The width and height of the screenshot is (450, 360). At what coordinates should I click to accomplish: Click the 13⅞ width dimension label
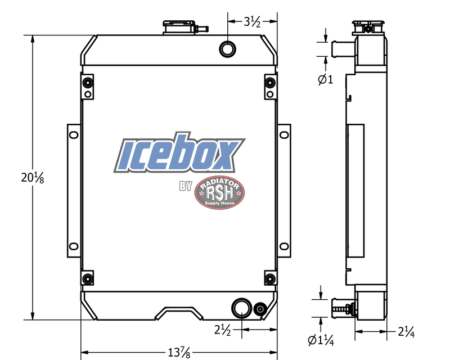[178, 353]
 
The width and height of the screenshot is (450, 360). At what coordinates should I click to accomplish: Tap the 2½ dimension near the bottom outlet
[223, 330]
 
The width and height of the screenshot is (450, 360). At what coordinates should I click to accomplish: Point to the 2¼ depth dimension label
[406, 332]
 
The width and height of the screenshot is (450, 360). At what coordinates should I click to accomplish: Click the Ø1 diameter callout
[325, 79]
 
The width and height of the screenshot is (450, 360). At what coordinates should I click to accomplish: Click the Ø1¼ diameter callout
[320, 339]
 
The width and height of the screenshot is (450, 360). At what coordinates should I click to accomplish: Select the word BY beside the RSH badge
[185, 186]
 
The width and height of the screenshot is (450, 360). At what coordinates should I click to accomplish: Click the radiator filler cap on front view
[180, 27]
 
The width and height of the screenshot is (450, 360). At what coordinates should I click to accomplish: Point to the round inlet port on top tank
[228, 48]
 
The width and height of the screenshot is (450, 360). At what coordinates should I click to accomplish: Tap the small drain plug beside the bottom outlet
[260, 309]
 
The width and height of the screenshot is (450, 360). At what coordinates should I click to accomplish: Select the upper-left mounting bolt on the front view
[87, 84]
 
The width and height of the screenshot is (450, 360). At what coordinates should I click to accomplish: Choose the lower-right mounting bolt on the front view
[269, 280]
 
